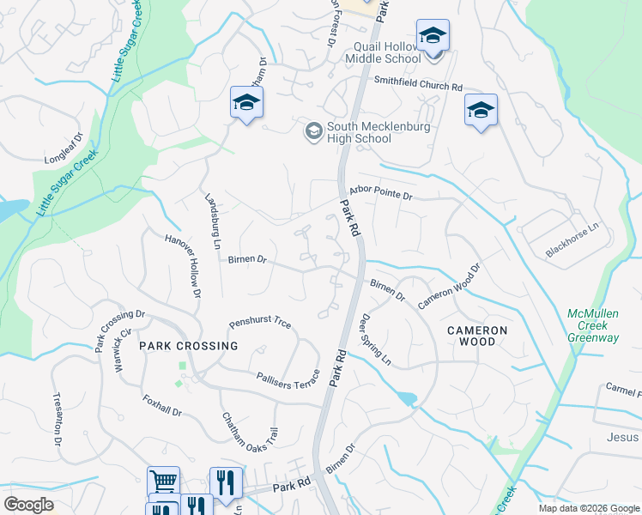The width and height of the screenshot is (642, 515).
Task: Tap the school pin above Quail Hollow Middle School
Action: [x=433, y=36]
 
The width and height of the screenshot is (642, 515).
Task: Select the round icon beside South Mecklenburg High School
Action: [x=313, y=130]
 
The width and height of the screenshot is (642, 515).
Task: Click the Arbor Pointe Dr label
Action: [x=381, y=195]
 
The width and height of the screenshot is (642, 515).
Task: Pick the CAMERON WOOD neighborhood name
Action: [x=476, y=336]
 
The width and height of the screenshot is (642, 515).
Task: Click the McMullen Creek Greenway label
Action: [x=593, y=325]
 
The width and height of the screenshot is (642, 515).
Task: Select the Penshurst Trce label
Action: [x=260, y=324]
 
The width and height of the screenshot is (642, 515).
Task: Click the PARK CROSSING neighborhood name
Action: [x=189, y=346]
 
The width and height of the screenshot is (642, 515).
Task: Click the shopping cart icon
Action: [x=163, y=481]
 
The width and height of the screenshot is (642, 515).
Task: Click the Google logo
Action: [x=29, y=505]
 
